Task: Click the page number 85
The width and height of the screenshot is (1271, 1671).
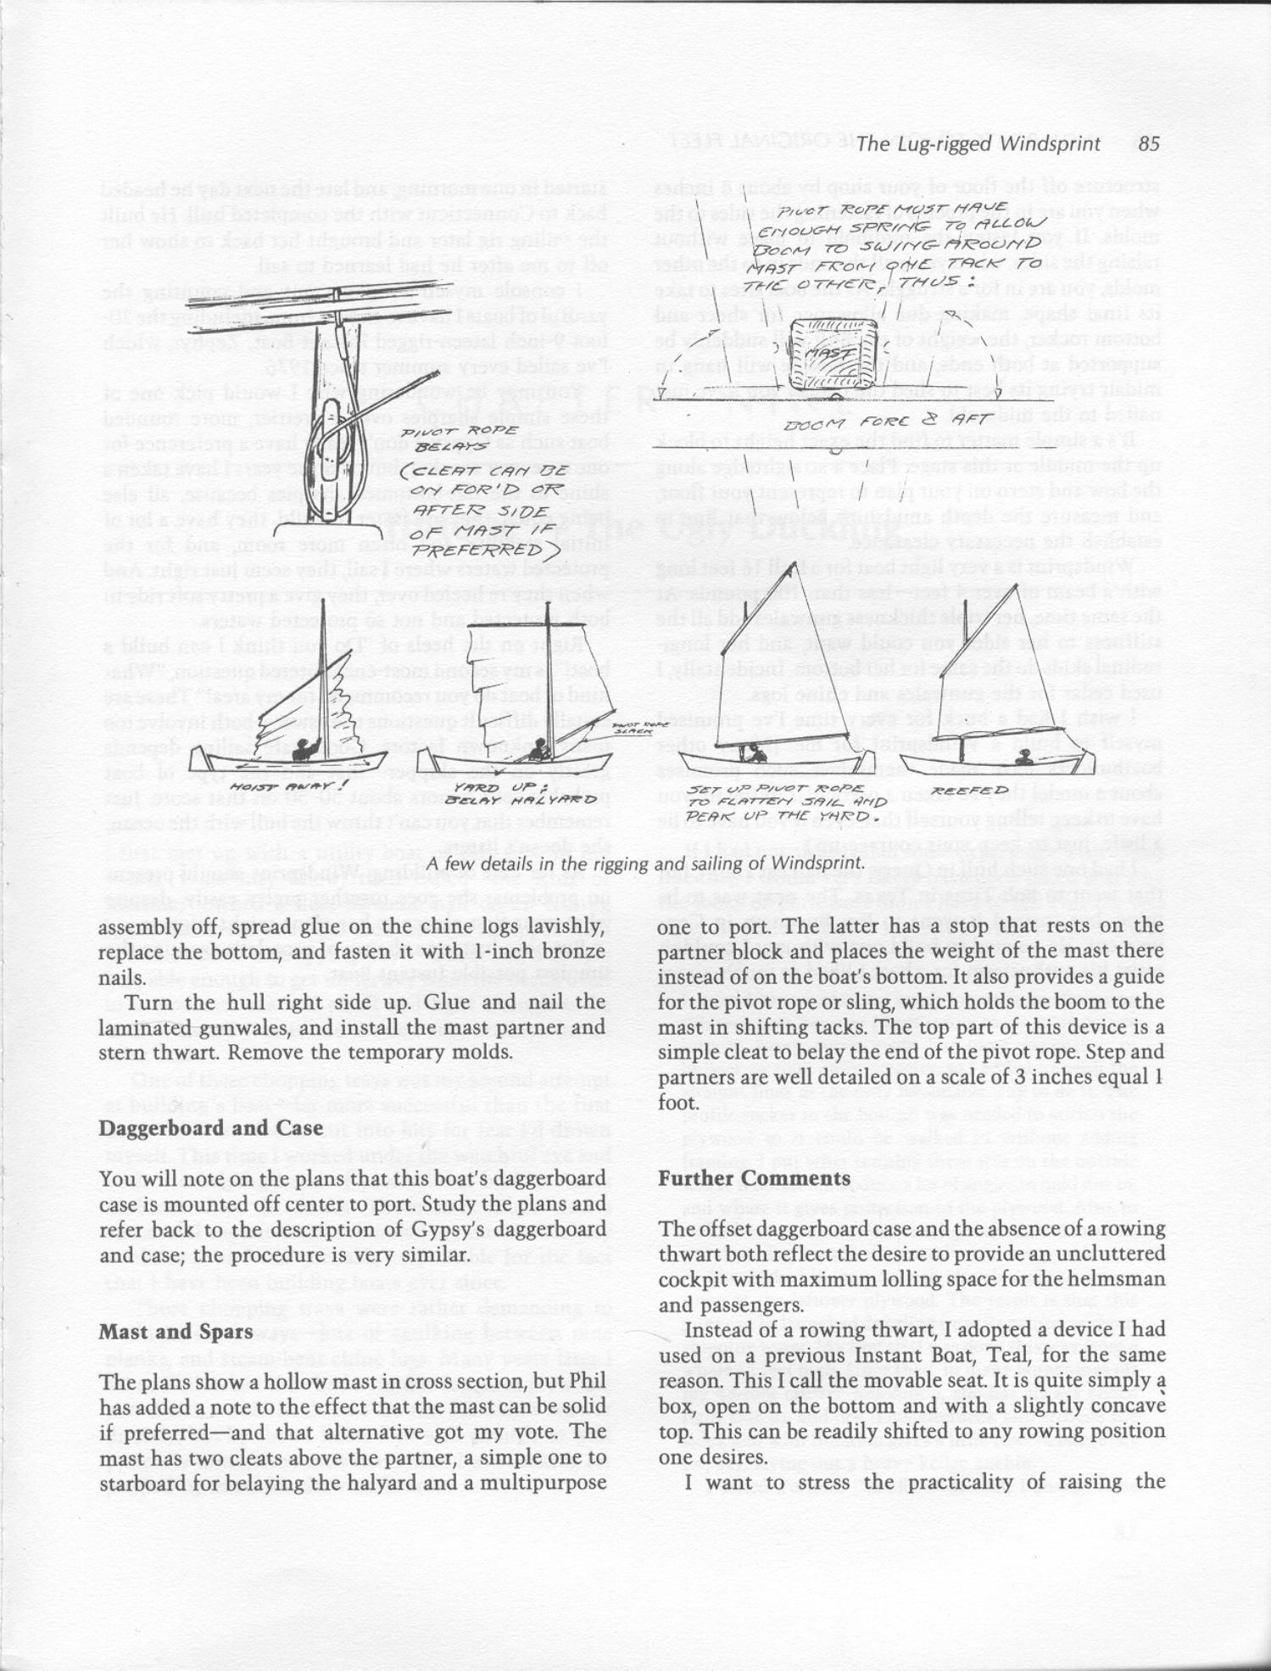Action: [1149, 143]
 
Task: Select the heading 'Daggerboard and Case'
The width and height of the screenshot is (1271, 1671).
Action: [210, 1128]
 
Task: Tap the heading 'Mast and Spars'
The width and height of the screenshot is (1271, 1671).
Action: [176, 1331]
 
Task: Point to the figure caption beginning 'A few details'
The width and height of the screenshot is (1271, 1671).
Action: [644, 863]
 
